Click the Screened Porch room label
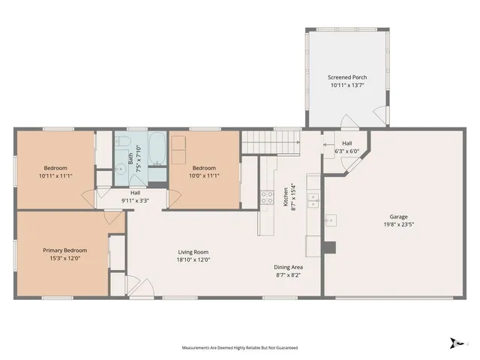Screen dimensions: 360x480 [x=346, y=77]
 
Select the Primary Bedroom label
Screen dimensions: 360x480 [x=64, y=250]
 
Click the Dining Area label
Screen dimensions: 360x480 [x=289, y=267]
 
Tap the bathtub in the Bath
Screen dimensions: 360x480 [x=157, y=148]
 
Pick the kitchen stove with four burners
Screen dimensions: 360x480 [x=266, y=198]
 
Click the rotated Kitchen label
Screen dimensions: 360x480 [x=284, y=196]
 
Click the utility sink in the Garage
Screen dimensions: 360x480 [x=331, y=220]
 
